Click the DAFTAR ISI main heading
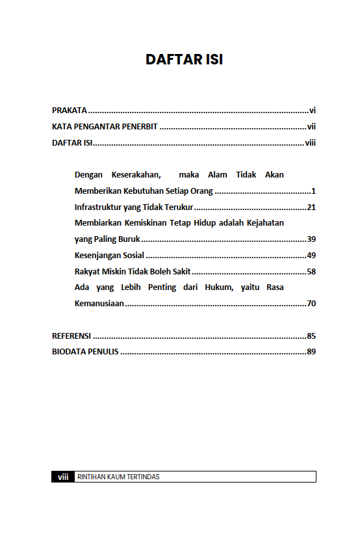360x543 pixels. (x=184, y=60)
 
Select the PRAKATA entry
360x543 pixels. (x=70, y=111)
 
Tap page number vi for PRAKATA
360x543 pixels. (x=313, y=111)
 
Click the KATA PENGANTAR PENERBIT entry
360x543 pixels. (x=105, y=127)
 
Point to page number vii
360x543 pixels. (x=311, y=127)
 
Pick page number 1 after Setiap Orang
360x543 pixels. (x=313, y=191)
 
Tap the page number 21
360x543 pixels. (x=311, y=207)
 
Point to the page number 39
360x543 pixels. (x=311, y=239)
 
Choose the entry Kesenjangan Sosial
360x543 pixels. (x=109, y=256)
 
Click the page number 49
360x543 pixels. (x=311, y=256)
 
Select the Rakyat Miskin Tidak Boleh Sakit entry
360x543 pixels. (x=133, y=271)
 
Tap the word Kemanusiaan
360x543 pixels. (x=99, y=304)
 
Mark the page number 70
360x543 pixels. (x=311, y=304)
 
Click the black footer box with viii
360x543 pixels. (x=63, y=477)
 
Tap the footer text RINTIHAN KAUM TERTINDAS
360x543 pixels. (x=118, y=477)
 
